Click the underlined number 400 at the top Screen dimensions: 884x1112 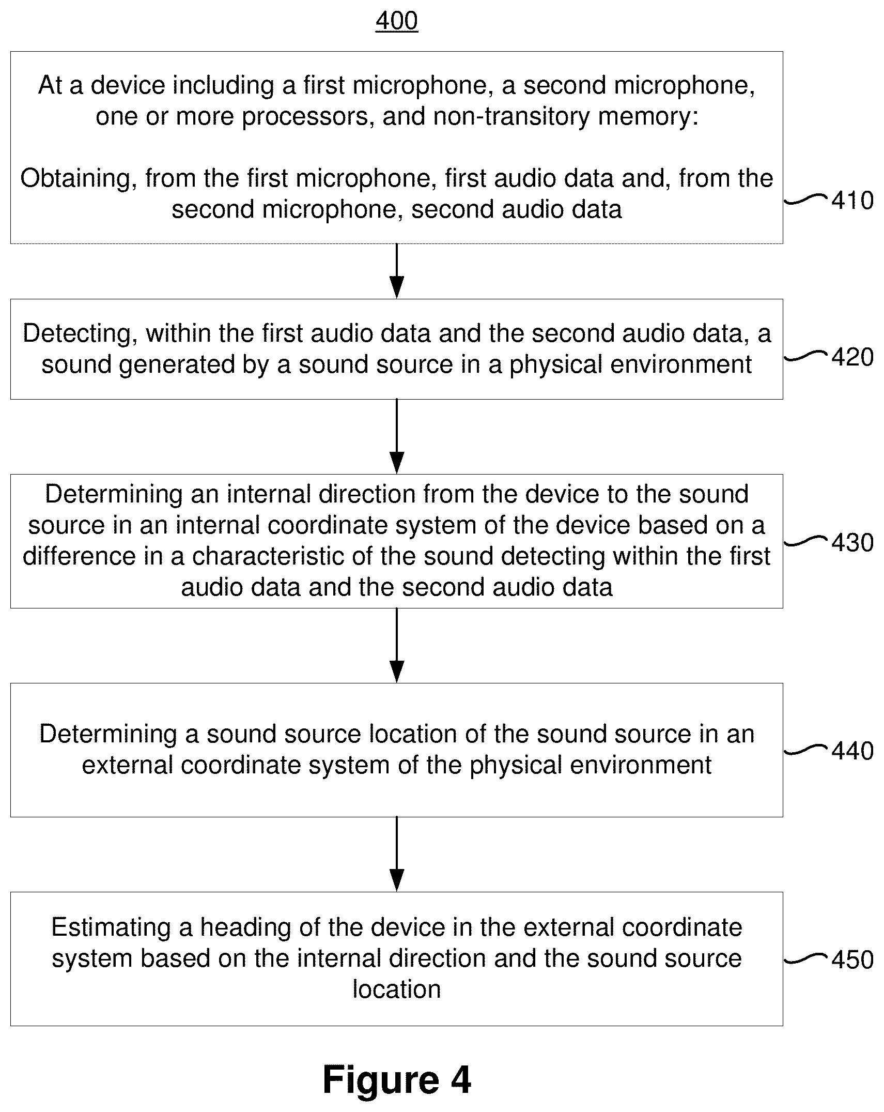(396, 21)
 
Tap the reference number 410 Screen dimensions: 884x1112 (852, 201)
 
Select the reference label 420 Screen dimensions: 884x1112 (852, 357)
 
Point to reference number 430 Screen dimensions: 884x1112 (852, 543)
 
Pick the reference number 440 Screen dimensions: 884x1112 (852, 751)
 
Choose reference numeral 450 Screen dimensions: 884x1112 (852, 960)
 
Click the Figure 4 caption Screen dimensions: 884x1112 (397, 1080)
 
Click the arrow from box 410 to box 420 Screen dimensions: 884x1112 (397, 271)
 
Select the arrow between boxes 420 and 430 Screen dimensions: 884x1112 (397, 436)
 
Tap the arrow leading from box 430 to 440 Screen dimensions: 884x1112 (397, 645)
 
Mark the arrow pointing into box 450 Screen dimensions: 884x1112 (397, 854)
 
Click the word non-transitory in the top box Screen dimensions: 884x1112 (511, 117)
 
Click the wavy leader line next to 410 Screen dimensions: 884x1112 (807, 200)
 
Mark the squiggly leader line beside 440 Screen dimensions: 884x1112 (807, 750)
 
